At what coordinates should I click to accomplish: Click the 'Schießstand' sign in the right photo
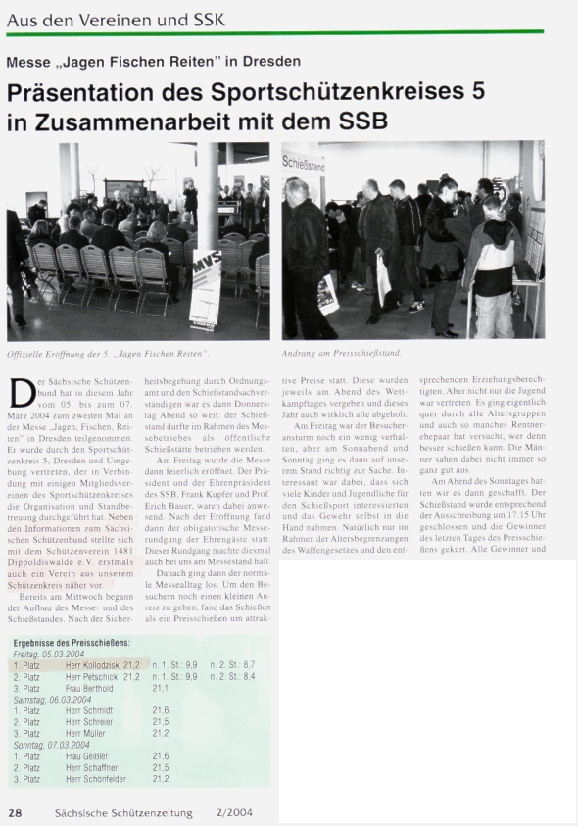coord(307,163)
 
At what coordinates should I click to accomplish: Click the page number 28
coord(15,812)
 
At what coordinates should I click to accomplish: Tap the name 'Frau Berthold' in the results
coord(90,687)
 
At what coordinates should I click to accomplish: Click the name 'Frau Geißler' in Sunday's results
coord(87,756)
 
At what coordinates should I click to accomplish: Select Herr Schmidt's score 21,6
coord(161,710)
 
